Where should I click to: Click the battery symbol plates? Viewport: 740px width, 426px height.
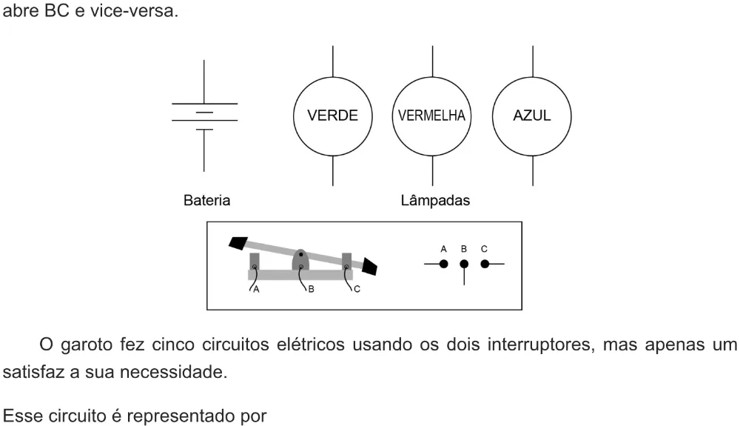pos(204,116)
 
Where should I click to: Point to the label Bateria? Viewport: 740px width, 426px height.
pos(206,200)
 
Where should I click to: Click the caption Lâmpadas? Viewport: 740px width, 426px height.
pos(435,200)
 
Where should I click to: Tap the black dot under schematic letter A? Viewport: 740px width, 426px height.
pos(443,264)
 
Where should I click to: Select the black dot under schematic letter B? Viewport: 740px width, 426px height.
pos(464,264)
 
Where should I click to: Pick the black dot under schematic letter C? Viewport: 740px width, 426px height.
pos(485,264)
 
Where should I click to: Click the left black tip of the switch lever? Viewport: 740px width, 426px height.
pos(238,242)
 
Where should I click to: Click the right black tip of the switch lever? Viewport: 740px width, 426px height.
pos(369,267)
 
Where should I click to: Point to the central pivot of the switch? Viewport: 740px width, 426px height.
pos(300,260)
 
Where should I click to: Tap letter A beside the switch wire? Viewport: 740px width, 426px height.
pos(256,290)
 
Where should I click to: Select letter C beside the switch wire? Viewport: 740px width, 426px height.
pos(357,289)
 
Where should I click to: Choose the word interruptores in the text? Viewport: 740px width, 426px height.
pos(539,345)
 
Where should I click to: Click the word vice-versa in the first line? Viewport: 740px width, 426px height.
pos(134,10)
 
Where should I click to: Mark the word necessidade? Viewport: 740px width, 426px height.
pos(174,372)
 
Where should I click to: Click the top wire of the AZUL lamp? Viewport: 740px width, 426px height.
pos(533,61)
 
